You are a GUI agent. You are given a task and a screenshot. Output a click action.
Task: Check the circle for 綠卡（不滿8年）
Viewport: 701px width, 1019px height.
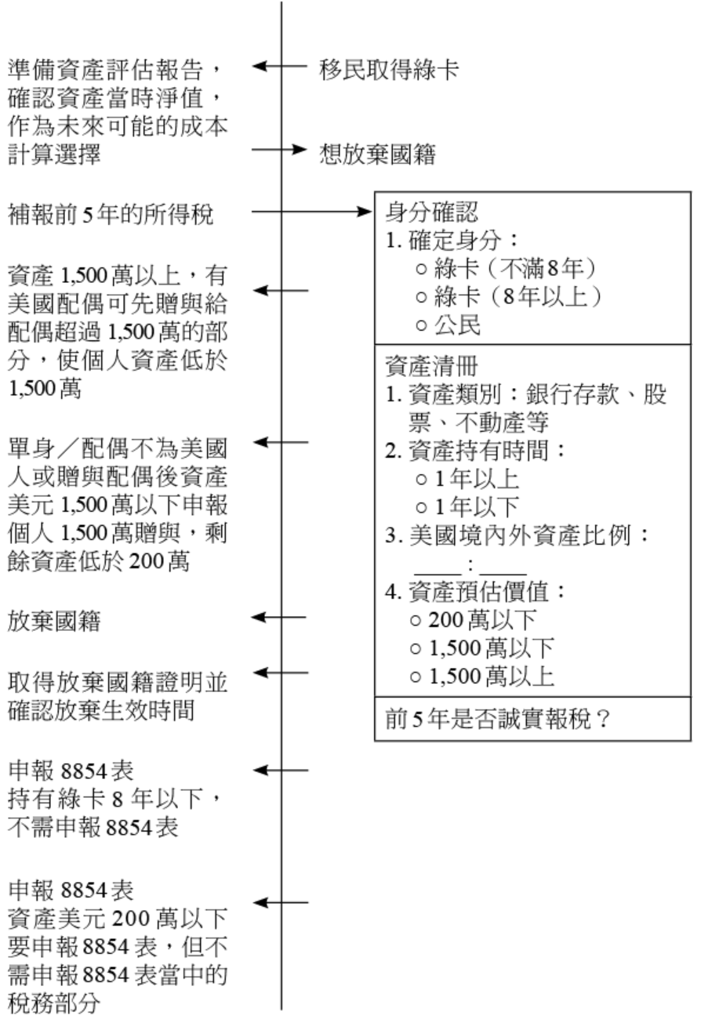421,267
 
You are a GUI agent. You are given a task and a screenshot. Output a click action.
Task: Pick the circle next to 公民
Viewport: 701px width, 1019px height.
421,327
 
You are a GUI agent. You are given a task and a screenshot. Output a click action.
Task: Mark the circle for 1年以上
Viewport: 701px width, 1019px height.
421,479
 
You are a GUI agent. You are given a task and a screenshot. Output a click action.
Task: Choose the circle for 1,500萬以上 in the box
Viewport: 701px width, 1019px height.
416,677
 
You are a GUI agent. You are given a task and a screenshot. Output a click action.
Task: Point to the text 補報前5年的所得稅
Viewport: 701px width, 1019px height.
110,212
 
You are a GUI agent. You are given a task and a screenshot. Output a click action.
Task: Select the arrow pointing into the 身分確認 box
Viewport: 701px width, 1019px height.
361,212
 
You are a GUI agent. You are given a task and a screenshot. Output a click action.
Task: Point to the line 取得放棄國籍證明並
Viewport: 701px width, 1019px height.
118,681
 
